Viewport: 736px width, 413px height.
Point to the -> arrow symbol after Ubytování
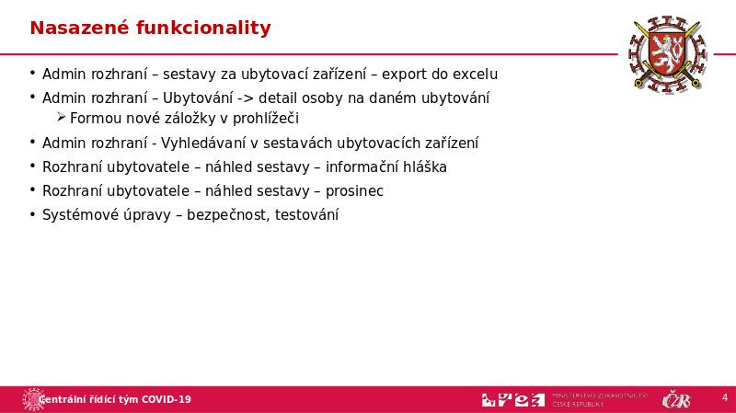(245, 98)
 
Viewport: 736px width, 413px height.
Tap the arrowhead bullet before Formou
(62, 118)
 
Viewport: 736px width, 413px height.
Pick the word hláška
(423, 167)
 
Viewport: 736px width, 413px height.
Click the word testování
(306, 215)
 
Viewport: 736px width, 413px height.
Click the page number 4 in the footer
(724, 398)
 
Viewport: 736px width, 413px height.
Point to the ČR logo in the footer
(677, 399)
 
